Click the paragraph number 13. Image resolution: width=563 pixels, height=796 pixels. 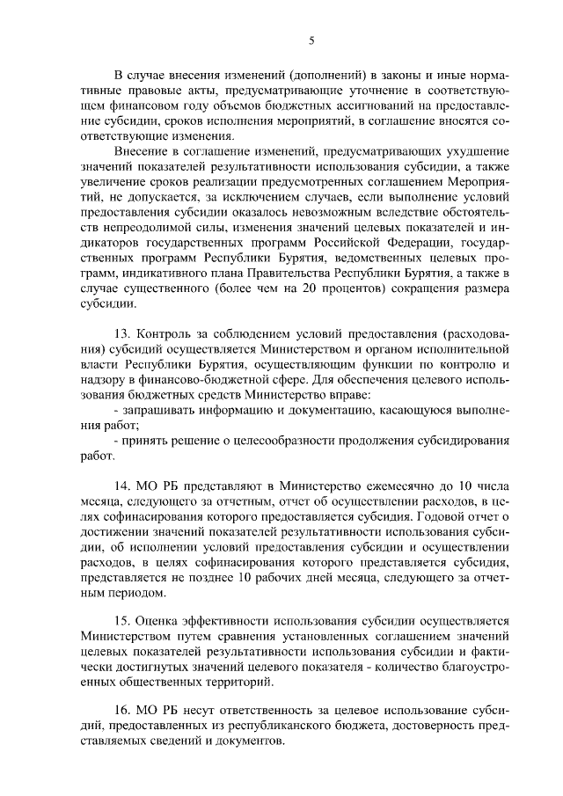coord(124,336)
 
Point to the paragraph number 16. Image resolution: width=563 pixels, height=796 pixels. coord(124,707)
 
